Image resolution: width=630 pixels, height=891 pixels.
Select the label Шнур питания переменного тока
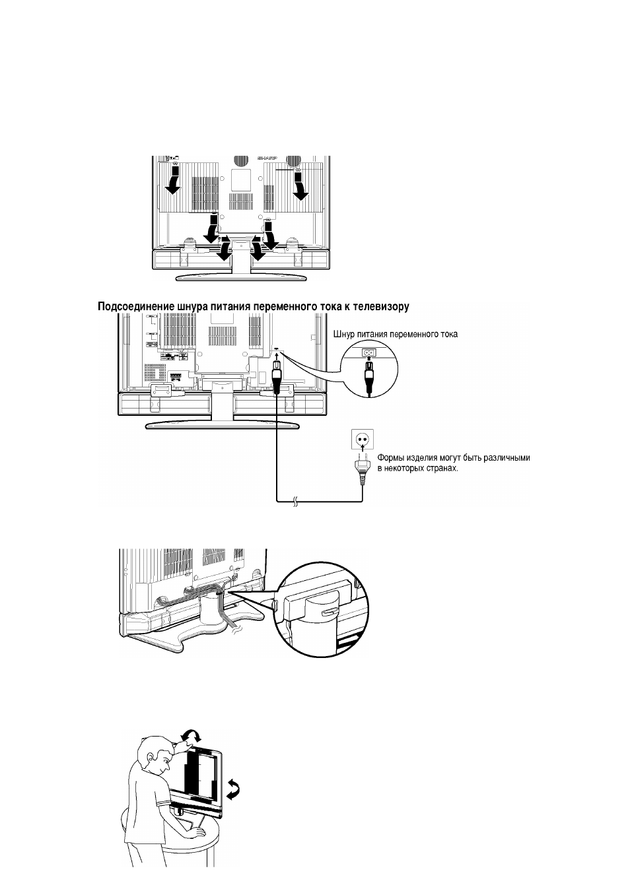(x=395, y=335)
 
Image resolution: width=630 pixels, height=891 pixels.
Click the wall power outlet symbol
(x=362, y=439)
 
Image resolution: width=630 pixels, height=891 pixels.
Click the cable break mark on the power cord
(x=295, y=502)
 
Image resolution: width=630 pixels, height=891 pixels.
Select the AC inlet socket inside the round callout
(x=368, y=352)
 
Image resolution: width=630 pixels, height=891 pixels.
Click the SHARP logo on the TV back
(x=267, y=158)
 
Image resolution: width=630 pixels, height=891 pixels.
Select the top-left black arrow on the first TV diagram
(x=174, y=180)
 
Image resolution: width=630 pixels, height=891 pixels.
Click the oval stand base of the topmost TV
(x=241, y=277)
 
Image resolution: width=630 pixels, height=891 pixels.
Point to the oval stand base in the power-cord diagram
(x=222, y=425)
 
